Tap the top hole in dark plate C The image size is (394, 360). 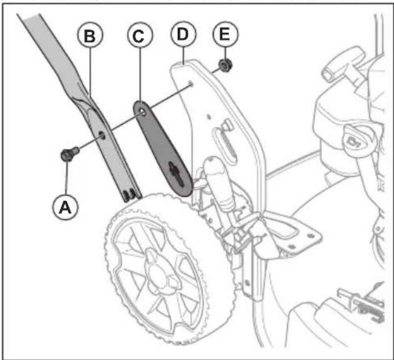[141, 111]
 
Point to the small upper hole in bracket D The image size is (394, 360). [191, 84]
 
